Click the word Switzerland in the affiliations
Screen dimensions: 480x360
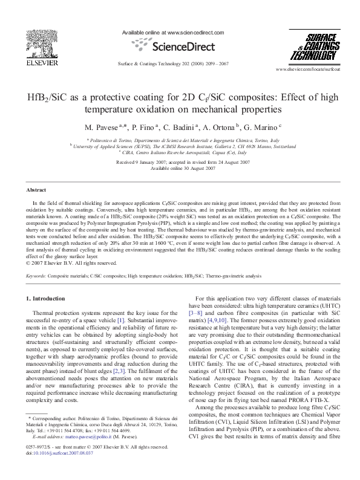coord(281,146)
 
